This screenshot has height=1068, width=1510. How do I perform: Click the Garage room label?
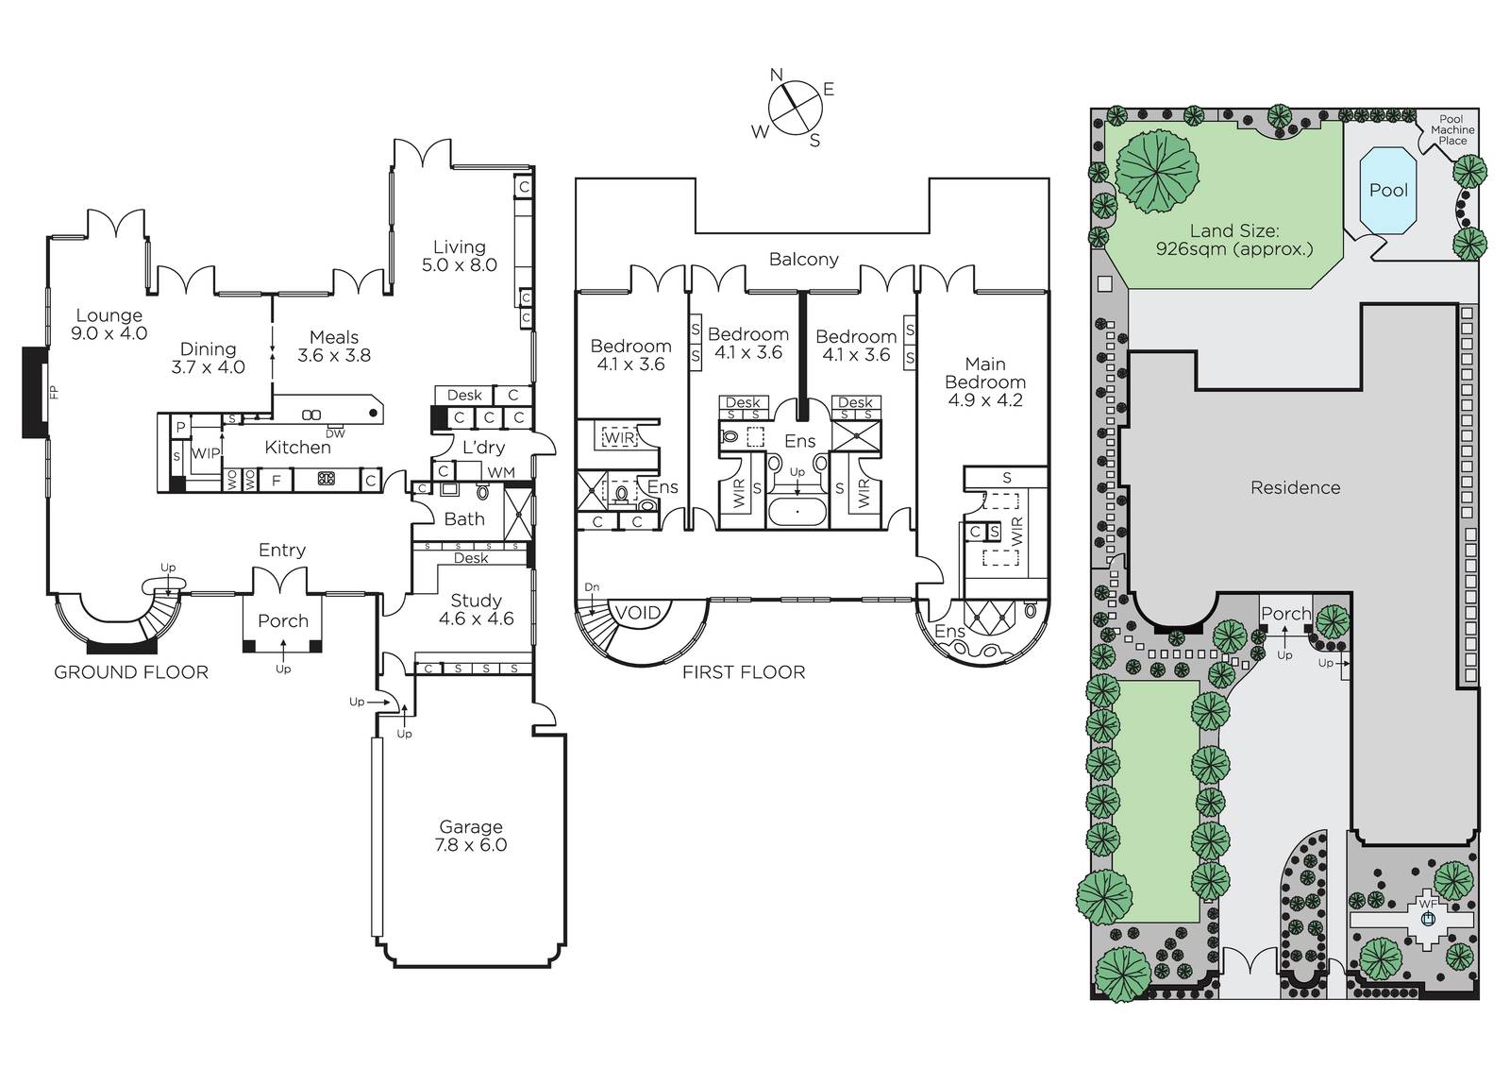pyautogui.click(x=471, y=836)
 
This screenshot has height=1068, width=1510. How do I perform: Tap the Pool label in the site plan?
pyautogui.click(x=1388, y=190)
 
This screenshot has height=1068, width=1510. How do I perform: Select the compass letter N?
pyautogui.click(x=777, y=75)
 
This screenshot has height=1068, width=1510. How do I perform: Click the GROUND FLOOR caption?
pyautogui.click(x=131, y=672)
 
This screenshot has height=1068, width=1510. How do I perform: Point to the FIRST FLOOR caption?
pyautogui.click(x=744, y=672)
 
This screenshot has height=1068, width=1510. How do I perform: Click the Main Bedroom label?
pyautogui.click(x=985, y=381)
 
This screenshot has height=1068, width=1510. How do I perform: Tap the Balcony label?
pyautogui.click(x=803, y=260)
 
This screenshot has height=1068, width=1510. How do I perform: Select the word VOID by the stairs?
pyautogui.click(x=638, y=613)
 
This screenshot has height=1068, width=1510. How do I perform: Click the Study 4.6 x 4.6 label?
pyautogui.click(x=476, y=610)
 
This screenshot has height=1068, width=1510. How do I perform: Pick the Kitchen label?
pyautogui.click(x=297, y=448)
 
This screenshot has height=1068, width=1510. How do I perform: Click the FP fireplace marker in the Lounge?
pyautogui.click(x=55, y=392)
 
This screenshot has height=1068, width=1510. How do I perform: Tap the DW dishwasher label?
pyautogui.click(x=335, y=433)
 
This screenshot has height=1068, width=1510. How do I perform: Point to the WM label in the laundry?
pyautogui.click(x=501, y=473)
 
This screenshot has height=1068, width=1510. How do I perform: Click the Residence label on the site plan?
pyautogui.click(x=1295, y=488)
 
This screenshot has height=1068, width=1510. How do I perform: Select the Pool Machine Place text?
pyautogui.click(x=1452, y=130)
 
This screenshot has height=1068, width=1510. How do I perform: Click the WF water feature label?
pyautogui.click(x=1427, y=904)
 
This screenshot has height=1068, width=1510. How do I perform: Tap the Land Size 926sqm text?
pyautogui.click(x=1234, y=240)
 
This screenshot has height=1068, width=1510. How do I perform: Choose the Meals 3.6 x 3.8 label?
pyautogui.click(x=334, y=347)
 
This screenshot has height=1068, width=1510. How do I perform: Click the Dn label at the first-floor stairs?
pyautogui.click(x=592, y=587)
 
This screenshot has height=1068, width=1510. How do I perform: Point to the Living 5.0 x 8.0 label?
pyautogui.click(x=459, y=256)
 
